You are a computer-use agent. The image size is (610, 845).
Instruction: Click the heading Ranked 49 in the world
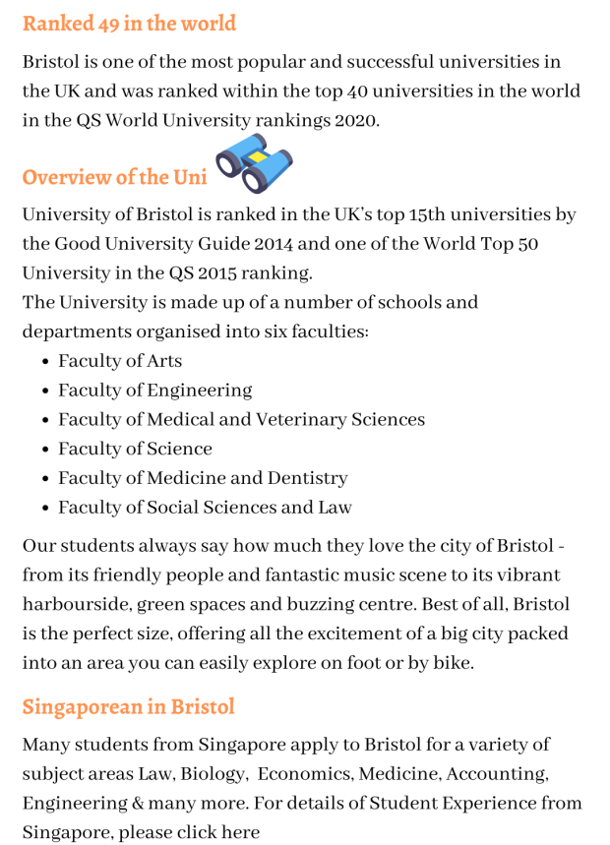(x=129, y=23)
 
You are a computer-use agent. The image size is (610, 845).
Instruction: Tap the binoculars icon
(x=254, y=162)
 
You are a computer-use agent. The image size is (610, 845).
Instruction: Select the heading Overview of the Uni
(x=114, y=177)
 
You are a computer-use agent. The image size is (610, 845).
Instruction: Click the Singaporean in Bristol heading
(x=128, y=706)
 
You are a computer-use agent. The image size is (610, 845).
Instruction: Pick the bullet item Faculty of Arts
(x=119, y=361)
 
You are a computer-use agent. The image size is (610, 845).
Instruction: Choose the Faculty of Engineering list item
(x=154, y=391)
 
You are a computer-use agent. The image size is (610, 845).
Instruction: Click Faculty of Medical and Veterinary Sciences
(x=241, y=420)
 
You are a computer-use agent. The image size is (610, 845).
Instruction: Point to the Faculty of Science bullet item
(x=135, y=450)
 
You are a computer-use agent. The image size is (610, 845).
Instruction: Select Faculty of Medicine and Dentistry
(x=203, y=479)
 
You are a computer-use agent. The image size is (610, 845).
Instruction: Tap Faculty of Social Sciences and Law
(x=205, y=509)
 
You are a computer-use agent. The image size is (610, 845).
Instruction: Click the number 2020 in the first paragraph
(x=355, y=121)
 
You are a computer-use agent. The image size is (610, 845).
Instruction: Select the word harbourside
(x=77, y=605)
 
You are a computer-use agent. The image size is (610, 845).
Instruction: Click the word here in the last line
(x=240, y=833)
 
